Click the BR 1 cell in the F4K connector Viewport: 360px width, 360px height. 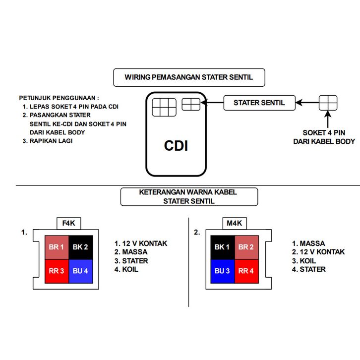pyautogui.click(x=57, y=247)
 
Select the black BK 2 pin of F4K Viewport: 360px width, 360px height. pyautogui.click(x=80, y=247)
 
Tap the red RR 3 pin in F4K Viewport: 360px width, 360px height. pyautogui.click(x=57, y=271)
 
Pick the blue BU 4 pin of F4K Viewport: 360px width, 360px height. pyautogui.click(x=80, y=271)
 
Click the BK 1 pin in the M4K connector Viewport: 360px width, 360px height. pyautogui.click(x=223, y=247)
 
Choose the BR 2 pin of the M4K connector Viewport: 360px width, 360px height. pyautogui.click(x=246, y=247)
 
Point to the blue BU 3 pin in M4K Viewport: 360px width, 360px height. pyautogui.click(x=223, y=271)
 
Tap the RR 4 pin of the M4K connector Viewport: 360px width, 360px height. pyautogui.click(x=246, y=271)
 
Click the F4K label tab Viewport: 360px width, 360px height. pyautogui.click(x=68, y=223)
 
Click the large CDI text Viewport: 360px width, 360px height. pyautogui.click(x=176, y=146)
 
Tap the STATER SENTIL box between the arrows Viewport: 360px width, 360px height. pyautogui.click(x=259, y=103)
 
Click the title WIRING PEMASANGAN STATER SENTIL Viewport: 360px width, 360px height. pyautogui.click(x=189, y=77)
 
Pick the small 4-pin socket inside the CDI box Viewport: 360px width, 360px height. pyautogui.click(x=191, y=104)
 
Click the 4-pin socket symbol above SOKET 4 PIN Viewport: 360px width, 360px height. pyautogui.click(x=328, y=103)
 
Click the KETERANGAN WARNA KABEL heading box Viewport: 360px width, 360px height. pyautogui.click(x=188, y=196)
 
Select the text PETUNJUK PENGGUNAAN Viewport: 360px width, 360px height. pyautogui.click(x=59, y=98)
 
